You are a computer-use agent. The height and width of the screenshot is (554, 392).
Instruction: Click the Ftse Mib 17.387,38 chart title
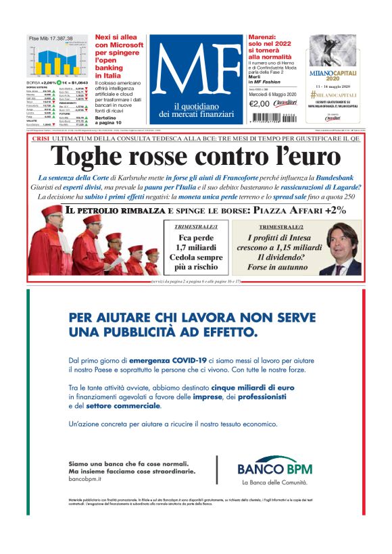[51, 39]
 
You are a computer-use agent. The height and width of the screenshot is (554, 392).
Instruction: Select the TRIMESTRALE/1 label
[197, 227]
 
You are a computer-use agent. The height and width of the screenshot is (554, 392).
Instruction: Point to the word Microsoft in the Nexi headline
[119, 45]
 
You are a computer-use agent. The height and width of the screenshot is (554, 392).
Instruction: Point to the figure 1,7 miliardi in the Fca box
[197, 248]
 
